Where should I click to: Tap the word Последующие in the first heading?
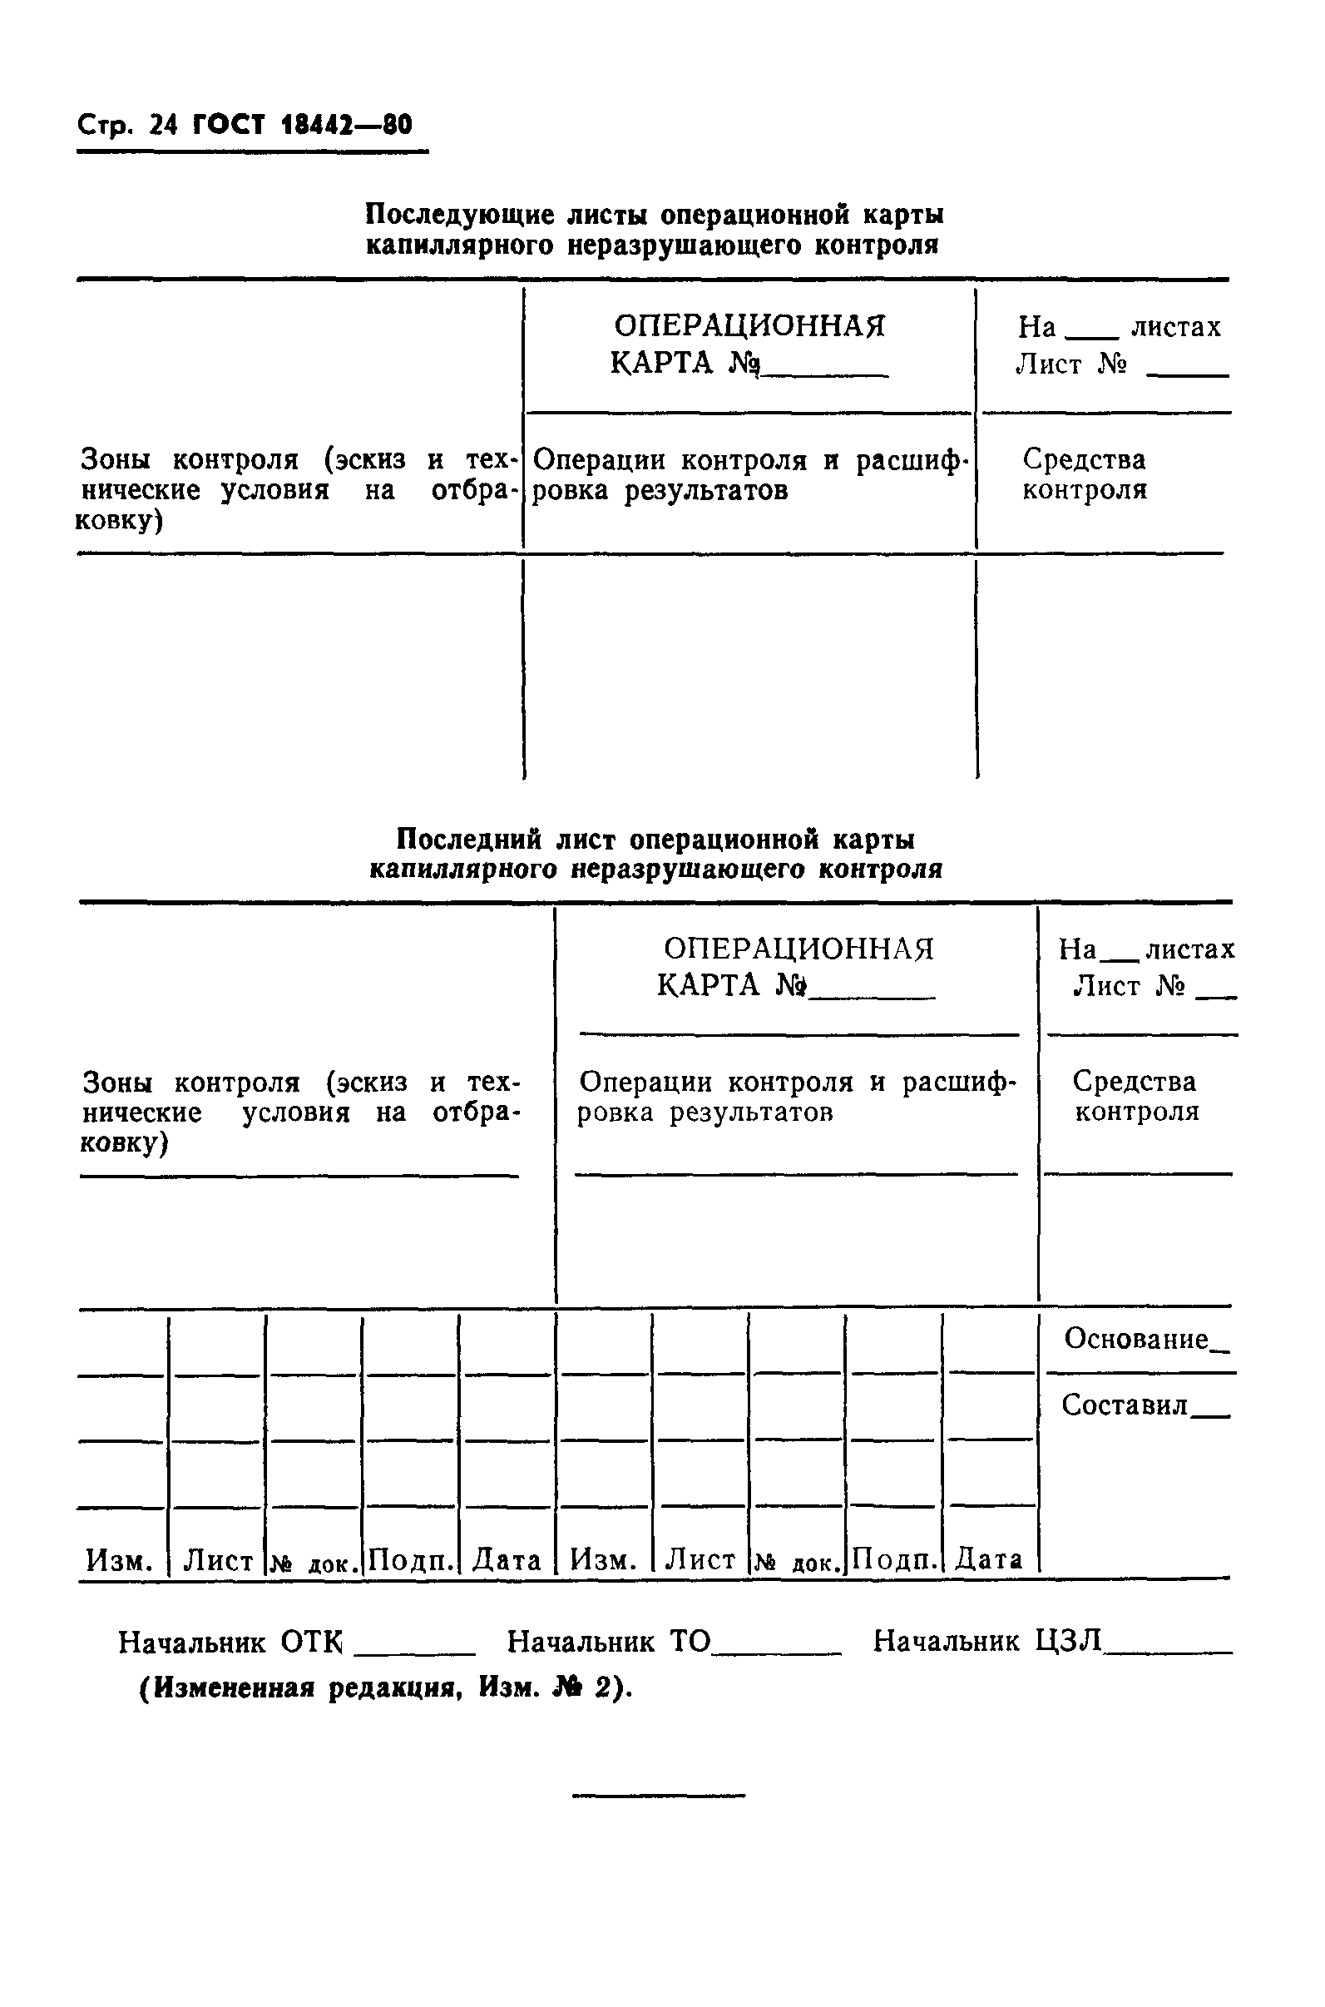point(460,215)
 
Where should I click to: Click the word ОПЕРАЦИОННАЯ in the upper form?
point(749,325)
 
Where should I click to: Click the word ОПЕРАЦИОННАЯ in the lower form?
point(798,949)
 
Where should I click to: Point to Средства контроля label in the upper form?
point(1084,474)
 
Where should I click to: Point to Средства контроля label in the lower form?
point(1135,1097)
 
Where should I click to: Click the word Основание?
point(1135,1338)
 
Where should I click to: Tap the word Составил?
point(1124,1405)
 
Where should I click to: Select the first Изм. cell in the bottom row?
point(119,1560)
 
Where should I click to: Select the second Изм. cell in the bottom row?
point(602,1560)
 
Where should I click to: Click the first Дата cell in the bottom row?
point(507,1560)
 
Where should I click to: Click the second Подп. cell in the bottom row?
point(894,1560)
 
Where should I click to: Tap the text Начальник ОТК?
point(230,1642)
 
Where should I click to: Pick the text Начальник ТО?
point(608,1642)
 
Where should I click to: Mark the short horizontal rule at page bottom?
point(659,1795)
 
